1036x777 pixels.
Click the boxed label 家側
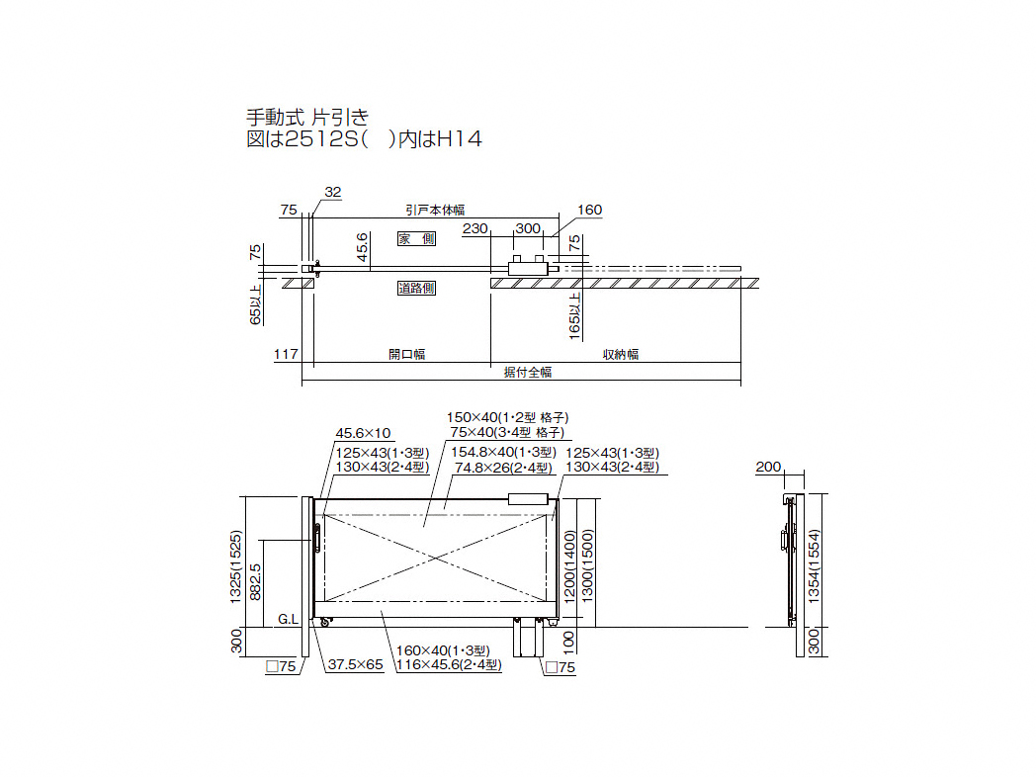(416, 238)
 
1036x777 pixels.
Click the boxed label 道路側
(416, 288)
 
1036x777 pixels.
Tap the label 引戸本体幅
(435, 211)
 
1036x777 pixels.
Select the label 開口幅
(407, 354)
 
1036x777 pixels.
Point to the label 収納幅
(621, 354)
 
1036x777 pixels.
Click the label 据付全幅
(527, 372)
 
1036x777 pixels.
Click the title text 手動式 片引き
(307, 117)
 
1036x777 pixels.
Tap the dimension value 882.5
(255, 582)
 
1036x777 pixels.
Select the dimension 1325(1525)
(235, 566)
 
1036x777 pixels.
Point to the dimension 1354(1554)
(814, 565)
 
